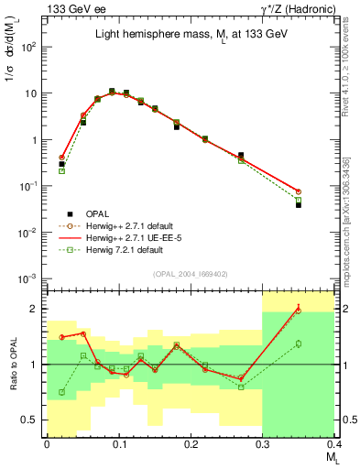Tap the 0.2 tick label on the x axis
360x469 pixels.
coord(191,443)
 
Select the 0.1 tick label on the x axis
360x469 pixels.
coord(118,443)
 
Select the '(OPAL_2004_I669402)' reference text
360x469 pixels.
coord(190,274)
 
